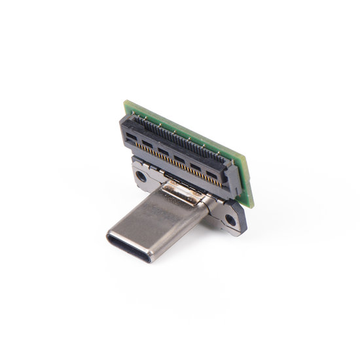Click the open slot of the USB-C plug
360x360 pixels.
[x=130, y=247]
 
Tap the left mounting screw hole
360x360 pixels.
[x=141, y=176]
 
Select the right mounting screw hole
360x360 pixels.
[x=230, y=220]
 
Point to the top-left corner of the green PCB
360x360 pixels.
[x=127, y=102]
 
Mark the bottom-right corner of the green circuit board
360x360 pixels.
[x=251, y=206]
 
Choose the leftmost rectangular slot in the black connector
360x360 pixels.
[x=131, y=138]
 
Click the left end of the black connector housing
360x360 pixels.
[x=124, y=131]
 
